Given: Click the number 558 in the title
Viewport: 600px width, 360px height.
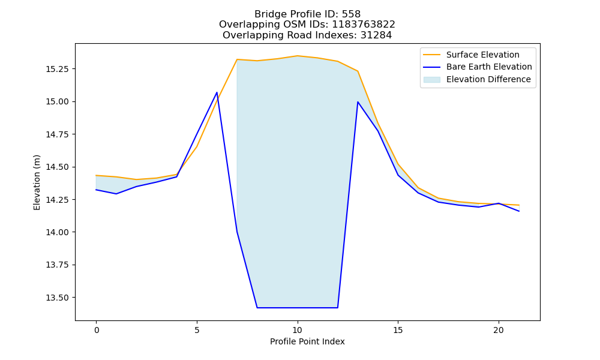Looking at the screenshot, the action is [x=351, y=14].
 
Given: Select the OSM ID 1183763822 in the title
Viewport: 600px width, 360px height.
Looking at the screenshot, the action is [x=363, y=25].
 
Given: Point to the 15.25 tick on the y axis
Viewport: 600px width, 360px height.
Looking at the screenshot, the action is [x=57, y=69].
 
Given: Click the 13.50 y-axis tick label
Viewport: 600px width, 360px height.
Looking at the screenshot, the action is [x=57, y=298].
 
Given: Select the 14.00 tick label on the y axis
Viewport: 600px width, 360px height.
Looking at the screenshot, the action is [x=57, y=232].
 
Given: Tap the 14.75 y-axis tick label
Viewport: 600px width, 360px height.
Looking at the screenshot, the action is [x=57, y=134].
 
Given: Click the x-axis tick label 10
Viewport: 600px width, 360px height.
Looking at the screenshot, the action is [x=298, y=330].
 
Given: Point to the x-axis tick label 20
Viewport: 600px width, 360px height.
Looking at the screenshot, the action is [x=499, y=330].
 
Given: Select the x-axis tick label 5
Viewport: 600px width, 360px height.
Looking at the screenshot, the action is [x=197, y=330].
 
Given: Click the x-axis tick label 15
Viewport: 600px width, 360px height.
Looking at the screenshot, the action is [x=398, y=330].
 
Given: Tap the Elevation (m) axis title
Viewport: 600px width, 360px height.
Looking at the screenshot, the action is [x=37, y=182].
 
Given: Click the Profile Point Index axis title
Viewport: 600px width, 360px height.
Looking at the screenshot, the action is [x=307, y=341].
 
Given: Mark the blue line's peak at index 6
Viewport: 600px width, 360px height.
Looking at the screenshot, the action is [x=217, y=92].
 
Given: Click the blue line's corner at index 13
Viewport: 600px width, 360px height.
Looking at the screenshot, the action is [x=358, y=102].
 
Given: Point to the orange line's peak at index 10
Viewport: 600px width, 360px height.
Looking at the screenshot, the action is [x=298, y=56].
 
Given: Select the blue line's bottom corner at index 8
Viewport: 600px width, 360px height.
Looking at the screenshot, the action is [x=257, y=308].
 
